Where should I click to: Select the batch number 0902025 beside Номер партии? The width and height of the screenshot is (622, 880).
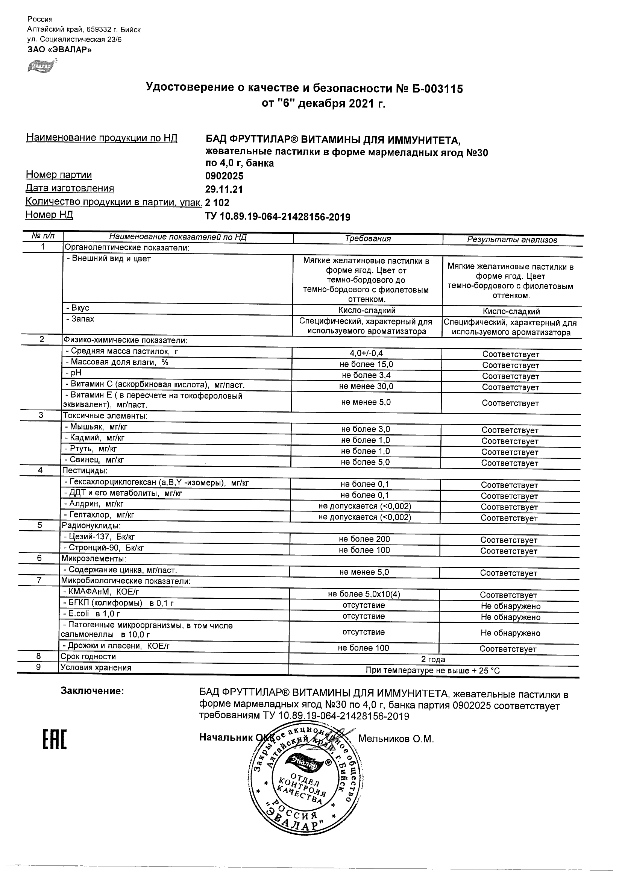coord(224,176)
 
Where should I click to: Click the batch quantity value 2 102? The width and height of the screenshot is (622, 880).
coord(218,202)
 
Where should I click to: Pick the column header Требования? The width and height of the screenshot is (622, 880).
coord(367,239)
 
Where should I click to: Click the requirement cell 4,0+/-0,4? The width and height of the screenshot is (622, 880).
coord(366,354)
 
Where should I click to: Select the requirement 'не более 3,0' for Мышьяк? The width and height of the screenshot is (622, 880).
coord(366,429)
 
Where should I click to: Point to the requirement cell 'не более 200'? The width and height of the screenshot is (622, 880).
coord(364,539)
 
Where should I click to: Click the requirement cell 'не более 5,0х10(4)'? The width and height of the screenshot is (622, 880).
coord(364,594)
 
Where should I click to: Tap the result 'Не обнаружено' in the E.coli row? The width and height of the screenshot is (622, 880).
coord(510,617)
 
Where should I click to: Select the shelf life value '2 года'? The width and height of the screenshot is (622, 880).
coord(433,659)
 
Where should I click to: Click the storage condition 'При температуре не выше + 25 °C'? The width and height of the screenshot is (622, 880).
coord(433,671)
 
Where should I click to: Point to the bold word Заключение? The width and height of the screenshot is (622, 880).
coord(92,691)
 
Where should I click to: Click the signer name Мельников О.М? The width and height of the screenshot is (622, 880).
coord(396,739)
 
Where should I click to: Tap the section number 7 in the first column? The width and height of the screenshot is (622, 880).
coord(39,580)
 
